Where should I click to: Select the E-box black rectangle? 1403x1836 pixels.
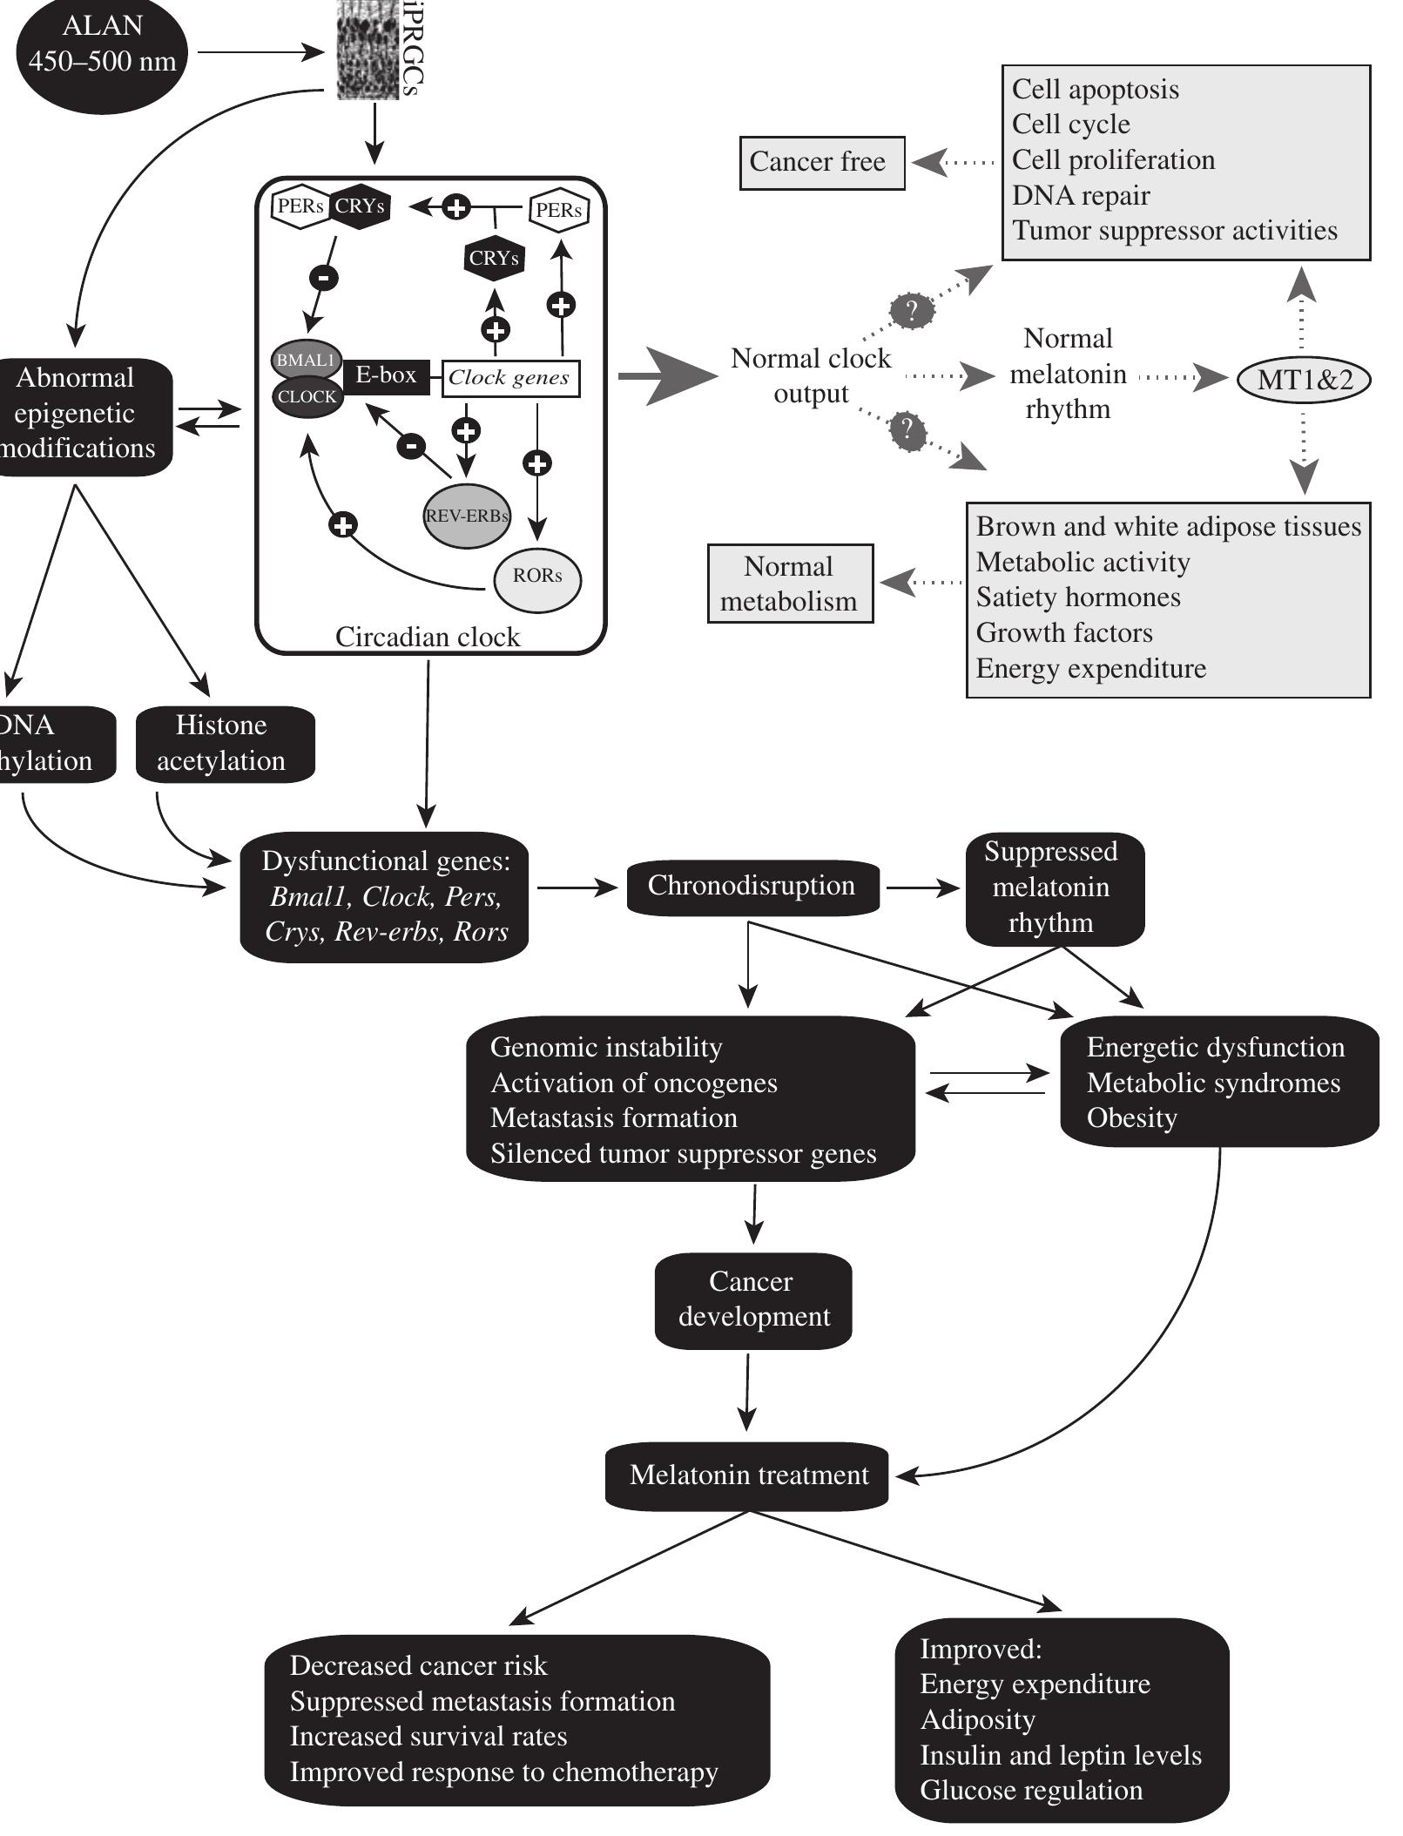[386, 376]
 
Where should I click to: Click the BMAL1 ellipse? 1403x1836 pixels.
[306, 359]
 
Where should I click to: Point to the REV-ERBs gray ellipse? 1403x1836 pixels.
[466, 516]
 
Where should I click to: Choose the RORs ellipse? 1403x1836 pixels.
[537, 576]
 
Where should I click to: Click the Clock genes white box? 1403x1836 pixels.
[509, 378]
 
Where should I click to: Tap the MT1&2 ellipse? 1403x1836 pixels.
[1304, 380]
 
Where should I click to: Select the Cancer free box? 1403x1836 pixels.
[821, 162]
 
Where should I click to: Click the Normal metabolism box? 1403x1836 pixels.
[789, 584]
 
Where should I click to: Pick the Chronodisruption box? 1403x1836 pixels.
[752, 886]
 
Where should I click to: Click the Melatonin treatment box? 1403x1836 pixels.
[747, 1475]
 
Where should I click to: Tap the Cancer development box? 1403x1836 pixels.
[752, 1299]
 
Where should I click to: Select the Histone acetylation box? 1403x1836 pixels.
[223, 743]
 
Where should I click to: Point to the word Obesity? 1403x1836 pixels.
[1131, 1117]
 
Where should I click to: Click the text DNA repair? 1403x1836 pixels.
[1080, 195]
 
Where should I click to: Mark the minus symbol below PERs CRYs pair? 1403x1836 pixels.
[323, 278]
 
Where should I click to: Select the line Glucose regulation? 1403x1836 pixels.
[1031, 1791]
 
